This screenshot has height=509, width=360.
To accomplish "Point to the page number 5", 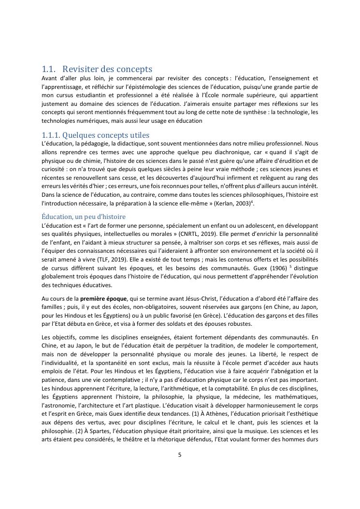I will pos(180,454).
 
